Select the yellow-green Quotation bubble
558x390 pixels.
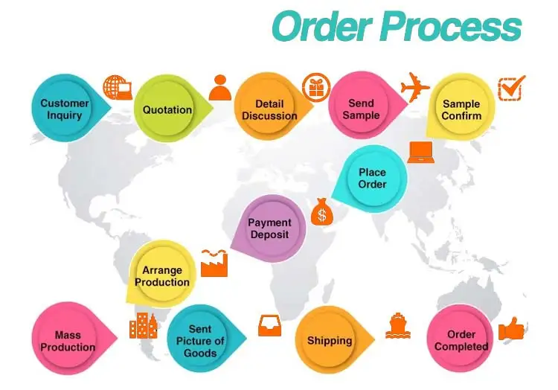coord(167,109)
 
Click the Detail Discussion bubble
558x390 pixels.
coord(269,109)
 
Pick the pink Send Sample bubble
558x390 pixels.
coord(361,109)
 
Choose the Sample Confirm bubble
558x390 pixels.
coord(461,109)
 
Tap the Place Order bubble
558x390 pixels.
coord(372,179)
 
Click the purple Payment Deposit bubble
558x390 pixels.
coord(269,228)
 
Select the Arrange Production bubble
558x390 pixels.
coord(161,276)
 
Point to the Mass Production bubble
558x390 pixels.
coord(67,341)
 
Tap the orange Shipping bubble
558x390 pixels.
coord(329,341)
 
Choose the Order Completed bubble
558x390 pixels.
coord(461,340)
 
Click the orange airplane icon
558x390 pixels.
coord(415,86)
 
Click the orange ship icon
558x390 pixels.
coord(398,326)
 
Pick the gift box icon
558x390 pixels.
coord(315,87)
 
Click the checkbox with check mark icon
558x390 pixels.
coord(511,87)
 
